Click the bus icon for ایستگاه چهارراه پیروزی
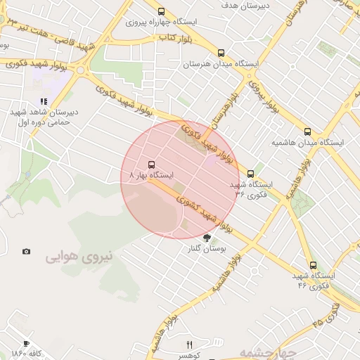coord(162,11)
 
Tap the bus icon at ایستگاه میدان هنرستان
coord(221,53)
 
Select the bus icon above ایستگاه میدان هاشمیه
coord(307,131)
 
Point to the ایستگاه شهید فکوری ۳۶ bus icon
coord(250,174)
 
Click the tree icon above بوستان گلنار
coord(206,238)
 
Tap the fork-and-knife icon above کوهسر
coord(188,345)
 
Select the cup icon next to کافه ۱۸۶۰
coord(26,344)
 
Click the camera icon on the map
coord(26,251)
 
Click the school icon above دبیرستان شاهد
coord(44,101)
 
